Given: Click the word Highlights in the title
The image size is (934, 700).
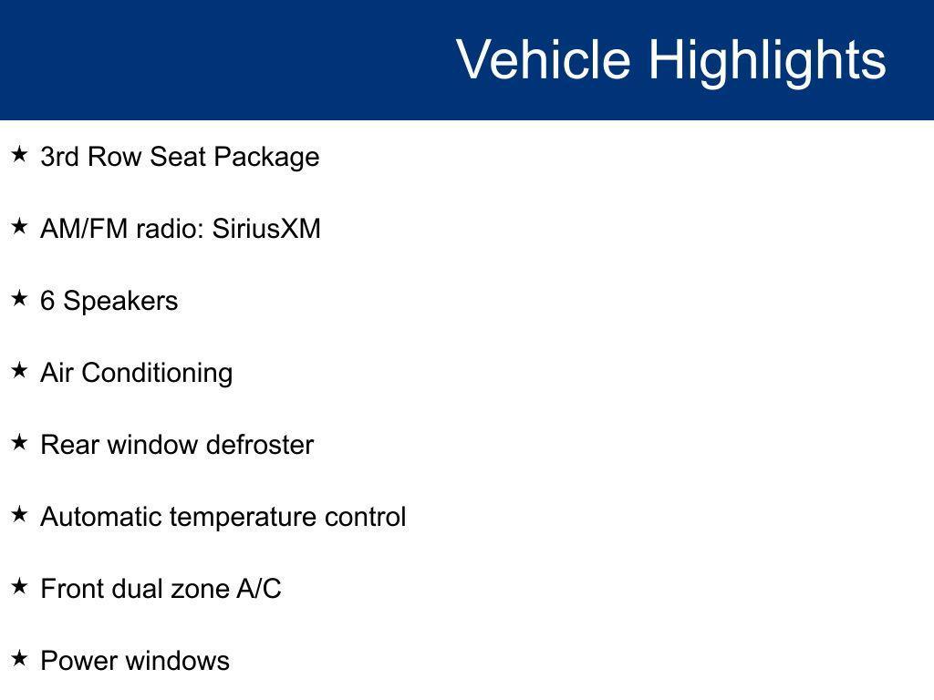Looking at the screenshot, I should (767, 60).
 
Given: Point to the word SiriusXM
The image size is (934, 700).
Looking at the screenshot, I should (266, 229).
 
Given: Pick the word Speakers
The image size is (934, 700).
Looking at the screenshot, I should (120, 301).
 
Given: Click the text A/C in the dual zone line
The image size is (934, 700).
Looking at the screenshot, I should (259, 589).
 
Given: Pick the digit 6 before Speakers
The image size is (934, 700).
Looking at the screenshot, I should (47, 301).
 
